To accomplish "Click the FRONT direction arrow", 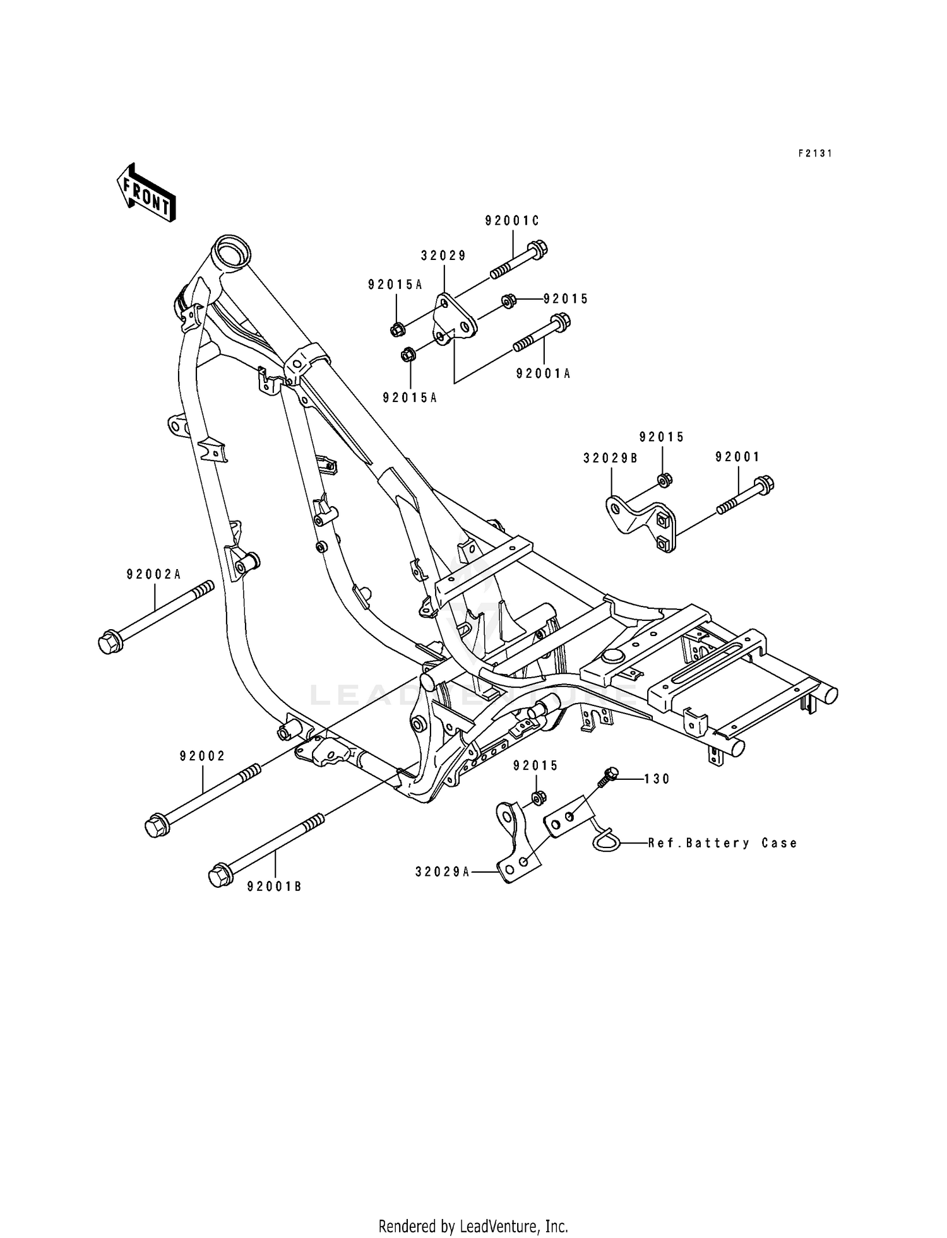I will point(146,193).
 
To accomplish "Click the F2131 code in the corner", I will point(814,153).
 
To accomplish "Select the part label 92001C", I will point(512,221).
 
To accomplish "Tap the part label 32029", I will point(444,256).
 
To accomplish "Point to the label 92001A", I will point(543,374).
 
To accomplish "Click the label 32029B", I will point(610,459).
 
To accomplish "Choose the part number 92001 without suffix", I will point(737,457).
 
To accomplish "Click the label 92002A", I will point(153,574).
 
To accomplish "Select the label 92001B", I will point(274,887).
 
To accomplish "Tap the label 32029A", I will point(443,872).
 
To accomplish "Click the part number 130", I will point(657,779).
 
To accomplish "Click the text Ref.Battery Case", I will point(722,843).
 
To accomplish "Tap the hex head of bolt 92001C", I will point(538,248).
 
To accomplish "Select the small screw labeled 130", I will point(609,775).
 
